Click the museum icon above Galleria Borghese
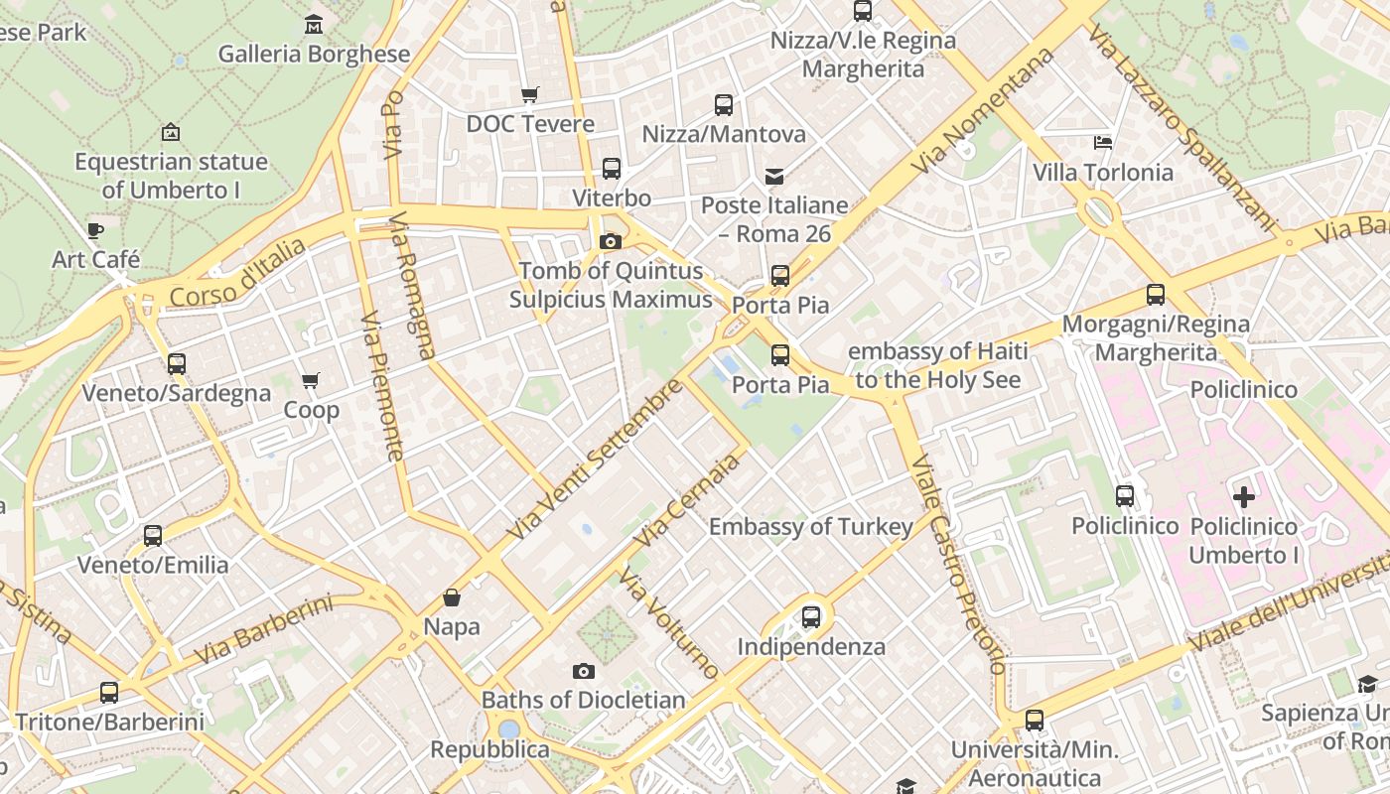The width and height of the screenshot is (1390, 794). (314, 24)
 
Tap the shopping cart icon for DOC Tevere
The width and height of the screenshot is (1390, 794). (530, 94)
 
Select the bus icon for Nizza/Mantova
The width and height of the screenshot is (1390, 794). (724, 104)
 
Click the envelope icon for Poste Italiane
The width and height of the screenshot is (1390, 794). (774, 177)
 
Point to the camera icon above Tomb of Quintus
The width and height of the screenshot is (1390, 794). (612, 241)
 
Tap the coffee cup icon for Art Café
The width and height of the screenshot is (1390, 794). (95, 230)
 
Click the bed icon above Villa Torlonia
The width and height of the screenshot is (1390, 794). (1103, 143)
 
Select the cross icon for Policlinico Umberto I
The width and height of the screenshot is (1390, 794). (1243, 496)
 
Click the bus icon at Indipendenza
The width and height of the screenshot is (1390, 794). (811, 617)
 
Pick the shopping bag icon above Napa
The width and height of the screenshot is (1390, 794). (452, 596)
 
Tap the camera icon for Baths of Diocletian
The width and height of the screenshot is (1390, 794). (584, 671)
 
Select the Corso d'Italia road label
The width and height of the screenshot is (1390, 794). (237, 273)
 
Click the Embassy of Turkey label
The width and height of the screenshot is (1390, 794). (810, 527)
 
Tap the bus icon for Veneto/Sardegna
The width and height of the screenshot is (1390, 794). (177, 363)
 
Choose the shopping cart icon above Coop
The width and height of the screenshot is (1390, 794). (311, 380)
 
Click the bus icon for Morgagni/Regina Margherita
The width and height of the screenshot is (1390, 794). (1156, 295)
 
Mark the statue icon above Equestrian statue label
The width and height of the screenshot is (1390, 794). (171, 131)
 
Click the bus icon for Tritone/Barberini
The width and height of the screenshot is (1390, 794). (109, 693)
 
